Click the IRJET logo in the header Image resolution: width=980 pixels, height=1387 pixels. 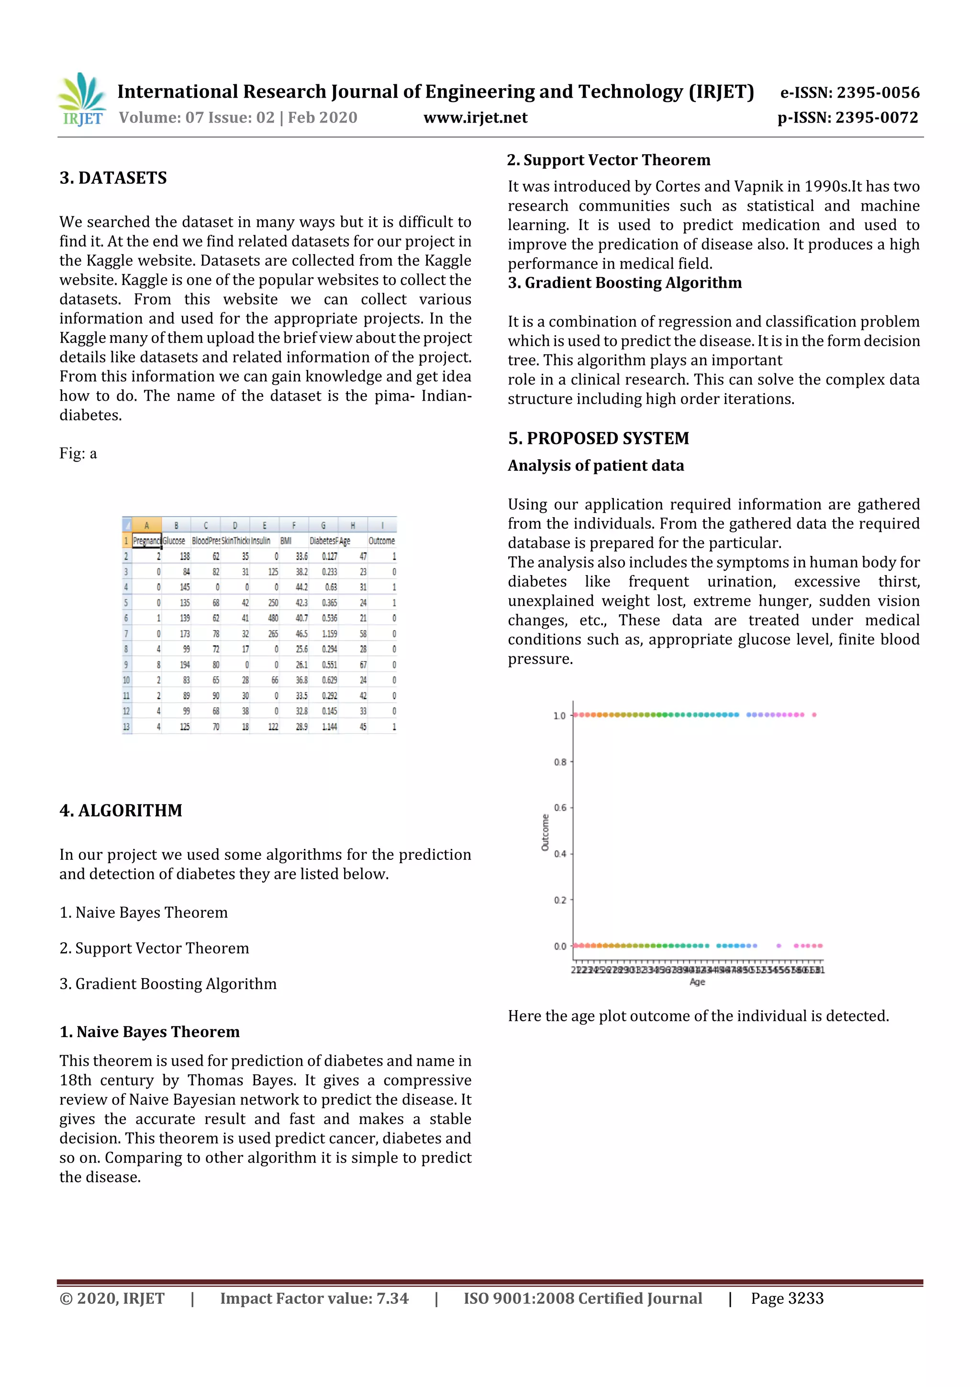(81, 99)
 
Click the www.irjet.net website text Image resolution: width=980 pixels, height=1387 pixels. (475, 117)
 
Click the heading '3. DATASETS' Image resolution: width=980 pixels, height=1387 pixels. (113, 178)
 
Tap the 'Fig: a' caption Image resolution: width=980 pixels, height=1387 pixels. (78, 454)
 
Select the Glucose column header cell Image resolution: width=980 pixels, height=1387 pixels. (175, 541)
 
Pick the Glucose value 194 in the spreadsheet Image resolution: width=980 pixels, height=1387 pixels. (184, 665)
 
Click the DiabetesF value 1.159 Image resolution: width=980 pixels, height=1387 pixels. (329, 634)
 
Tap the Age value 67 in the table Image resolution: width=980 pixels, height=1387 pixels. (362, 665)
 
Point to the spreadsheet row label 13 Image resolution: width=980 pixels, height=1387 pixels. (126, 727)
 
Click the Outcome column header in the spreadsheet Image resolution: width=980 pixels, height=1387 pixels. (381, 541)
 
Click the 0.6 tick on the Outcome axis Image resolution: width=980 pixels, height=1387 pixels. (560, 808)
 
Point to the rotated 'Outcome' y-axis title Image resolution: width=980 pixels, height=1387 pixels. (545, 833)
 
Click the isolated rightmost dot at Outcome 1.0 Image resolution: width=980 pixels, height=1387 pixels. (814, 715)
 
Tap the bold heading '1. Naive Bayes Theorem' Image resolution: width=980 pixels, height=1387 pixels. (149, 1031)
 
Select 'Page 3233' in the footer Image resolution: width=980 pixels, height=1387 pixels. (787, 1298)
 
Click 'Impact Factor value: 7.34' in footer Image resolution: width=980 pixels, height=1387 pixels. (314, 1298)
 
